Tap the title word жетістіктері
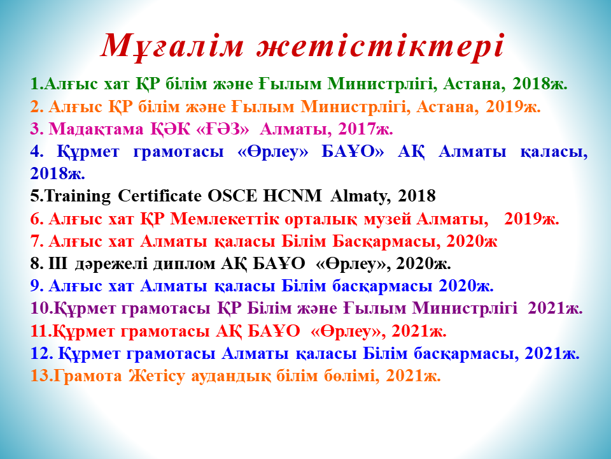(381, 45)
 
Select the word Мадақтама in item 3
(96, 129)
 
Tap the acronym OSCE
(233, 196)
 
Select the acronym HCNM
(293, 196)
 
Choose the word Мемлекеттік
(225, 219)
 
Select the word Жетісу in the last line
(157, 376)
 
